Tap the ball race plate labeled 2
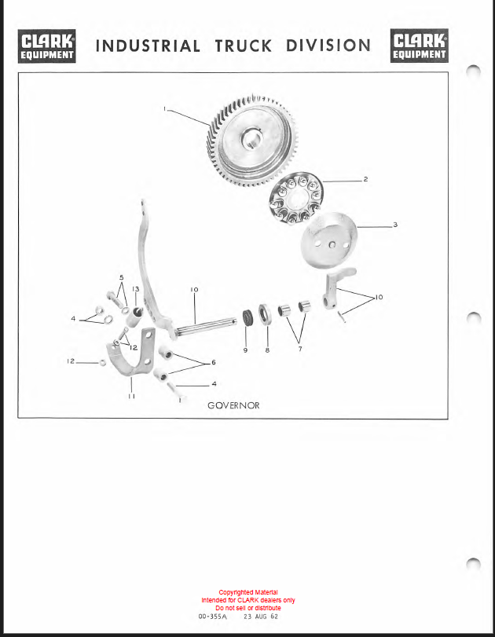(295, 199)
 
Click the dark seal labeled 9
(247, 317)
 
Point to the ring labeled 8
(264, 315)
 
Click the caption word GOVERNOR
(233, 405)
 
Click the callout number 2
(365, 179)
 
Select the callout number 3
(395, 225)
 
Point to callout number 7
(300, 349)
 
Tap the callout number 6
(214, 362)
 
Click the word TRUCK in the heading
(243, 46)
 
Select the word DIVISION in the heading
(328, 46)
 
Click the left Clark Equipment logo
(46, 46)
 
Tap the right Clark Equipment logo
(420, 46)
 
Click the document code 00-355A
(213, 617)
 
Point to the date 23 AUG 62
(261, 617)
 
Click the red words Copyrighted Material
(248, 592)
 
